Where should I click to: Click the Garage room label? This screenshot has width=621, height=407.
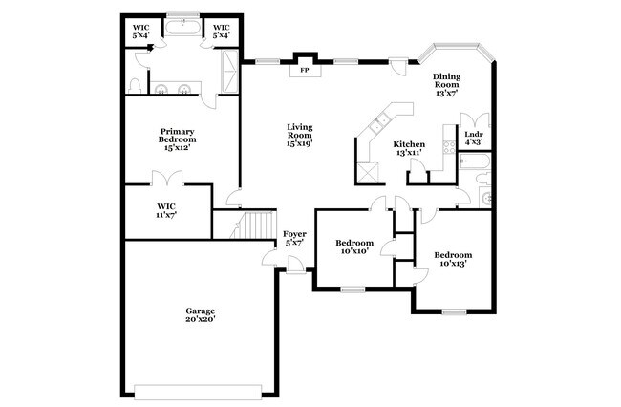(x=200, y=314)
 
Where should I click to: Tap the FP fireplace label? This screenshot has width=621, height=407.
(x=305, y=70)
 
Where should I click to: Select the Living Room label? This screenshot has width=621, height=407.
(x=299, y=135)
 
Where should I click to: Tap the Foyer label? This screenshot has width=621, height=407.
(x=294, y=238)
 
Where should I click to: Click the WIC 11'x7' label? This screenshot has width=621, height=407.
(x=166, y=209)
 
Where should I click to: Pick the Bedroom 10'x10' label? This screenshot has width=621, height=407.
(x=353, y=247)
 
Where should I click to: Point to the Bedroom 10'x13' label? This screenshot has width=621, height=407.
(x=452, y=259)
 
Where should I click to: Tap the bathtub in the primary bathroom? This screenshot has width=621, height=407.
(x=182, y=28)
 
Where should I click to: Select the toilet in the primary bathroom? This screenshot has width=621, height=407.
(x=136, y=88)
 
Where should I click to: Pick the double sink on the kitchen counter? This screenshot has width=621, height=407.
(x=380, y=121)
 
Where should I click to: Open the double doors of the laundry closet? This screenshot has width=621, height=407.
(x=475, y=120)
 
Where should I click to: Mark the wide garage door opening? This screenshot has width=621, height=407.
(x=198, y=391)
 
